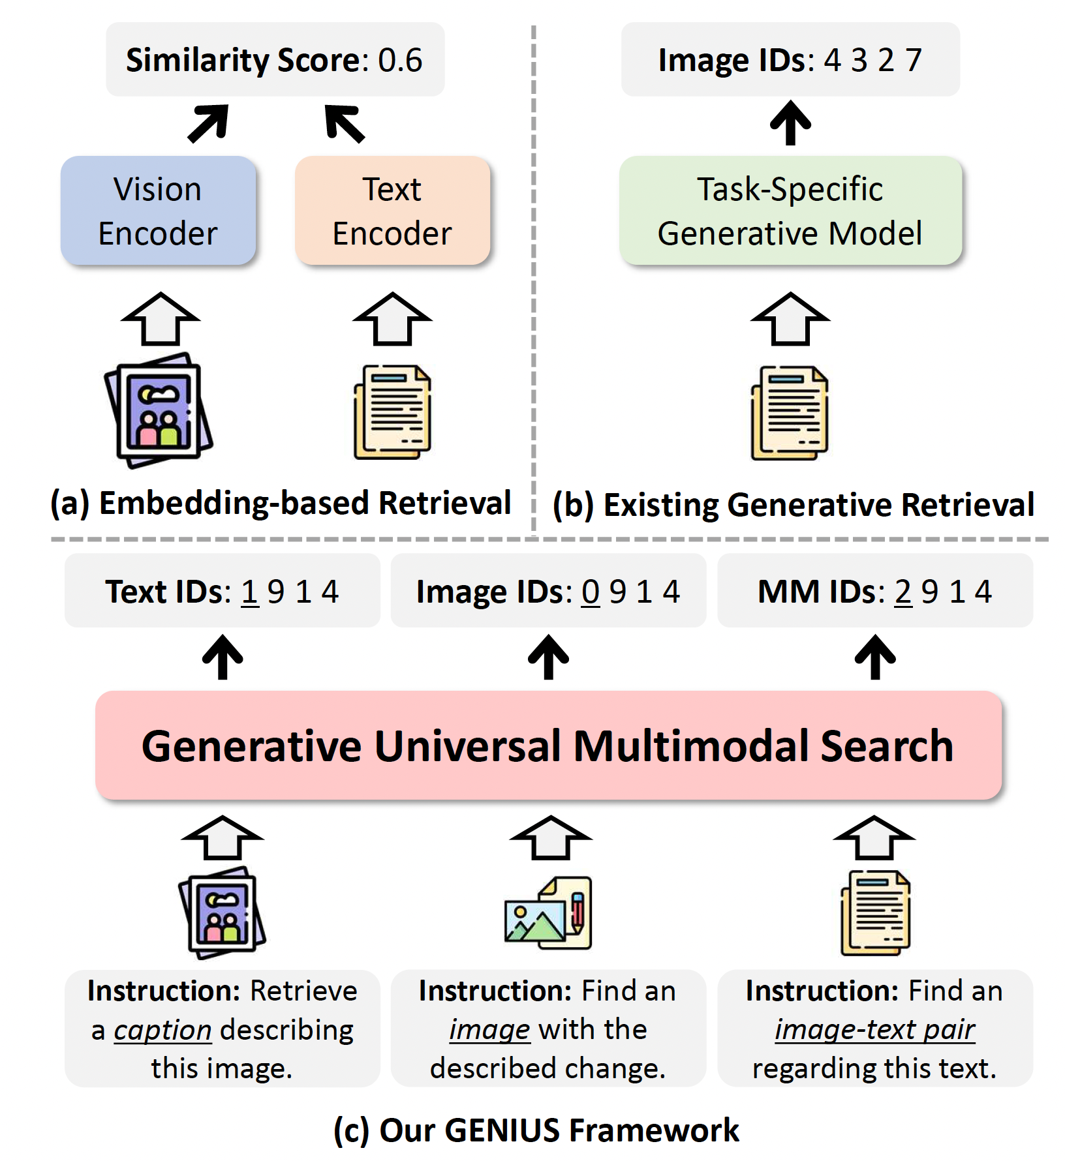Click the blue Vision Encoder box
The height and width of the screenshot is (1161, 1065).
158,211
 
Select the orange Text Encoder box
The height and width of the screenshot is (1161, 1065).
392,211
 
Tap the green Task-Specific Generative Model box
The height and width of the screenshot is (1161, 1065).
790,211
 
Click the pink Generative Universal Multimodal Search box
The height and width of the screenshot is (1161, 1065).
548,746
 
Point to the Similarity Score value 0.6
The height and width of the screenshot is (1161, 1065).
400,60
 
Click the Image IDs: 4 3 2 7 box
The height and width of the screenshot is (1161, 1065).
790,60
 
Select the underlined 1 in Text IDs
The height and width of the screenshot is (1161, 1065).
250,592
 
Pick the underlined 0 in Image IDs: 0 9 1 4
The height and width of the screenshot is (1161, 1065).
591,592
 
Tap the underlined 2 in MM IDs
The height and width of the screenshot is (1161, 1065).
903,592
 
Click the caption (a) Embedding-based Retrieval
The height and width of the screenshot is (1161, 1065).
281,503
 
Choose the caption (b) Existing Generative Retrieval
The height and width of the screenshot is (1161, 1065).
794,505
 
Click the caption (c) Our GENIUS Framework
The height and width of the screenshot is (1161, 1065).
536,1130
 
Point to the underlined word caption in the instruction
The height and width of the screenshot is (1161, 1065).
162,1031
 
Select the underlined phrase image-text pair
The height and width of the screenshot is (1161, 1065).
874,1030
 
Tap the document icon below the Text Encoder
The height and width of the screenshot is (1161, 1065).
392,412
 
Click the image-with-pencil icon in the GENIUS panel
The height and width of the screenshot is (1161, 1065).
548,913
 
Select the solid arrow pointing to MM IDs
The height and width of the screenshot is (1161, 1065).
875,657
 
